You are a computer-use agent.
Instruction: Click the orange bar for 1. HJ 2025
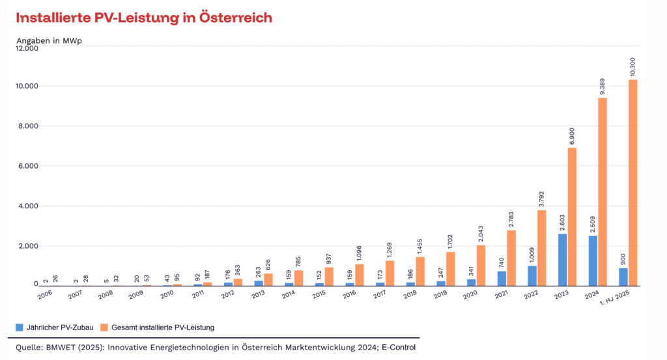632,182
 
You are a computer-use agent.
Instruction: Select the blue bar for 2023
562,259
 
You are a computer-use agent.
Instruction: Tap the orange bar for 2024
603,191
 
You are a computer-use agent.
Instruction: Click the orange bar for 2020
481,265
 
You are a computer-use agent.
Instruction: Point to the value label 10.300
633,66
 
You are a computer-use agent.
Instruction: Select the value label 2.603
562,221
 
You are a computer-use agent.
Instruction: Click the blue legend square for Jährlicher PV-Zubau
20,327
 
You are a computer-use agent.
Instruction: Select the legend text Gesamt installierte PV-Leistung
163,327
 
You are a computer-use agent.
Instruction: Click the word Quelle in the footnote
29,347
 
